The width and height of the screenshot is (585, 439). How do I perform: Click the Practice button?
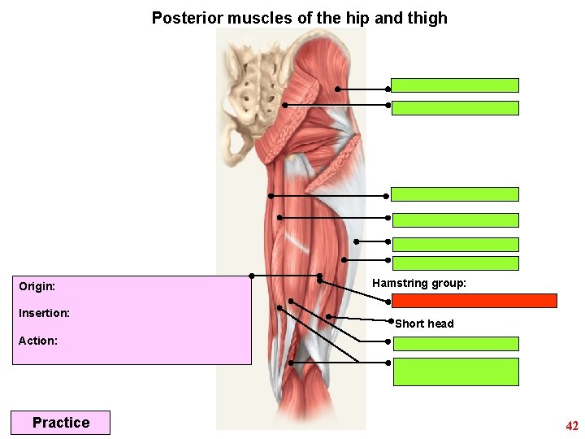pos(60,423)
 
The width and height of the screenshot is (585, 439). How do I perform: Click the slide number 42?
pos(572,426)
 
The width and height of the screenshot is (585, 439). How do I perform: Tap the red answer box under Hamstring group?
pos(475,301)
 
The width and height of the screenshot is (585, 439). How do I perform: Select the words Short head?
pos(424,324)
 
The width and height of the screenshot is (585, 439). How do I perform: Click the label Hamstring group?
pos(419,283)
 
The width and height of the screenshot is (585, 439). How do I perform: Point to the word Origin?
pos(37,287)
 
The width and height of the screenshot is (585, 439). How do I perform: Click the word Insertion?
pos(44,313)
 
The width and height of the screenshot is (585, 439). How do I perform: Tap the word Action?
pos(38,341)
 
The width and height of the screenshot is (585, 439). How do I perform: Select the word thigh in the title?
pos(427,18)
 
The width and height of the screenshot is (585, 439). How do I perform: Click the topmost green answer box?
pos(455,85)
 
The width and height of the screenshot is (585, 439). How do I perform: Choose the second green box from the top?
pos(455,108)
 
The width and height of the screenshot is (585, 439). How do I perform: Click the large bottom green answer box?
pos(456,372)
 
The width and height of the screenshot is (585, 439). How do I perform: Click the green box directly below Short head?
pos(456,344)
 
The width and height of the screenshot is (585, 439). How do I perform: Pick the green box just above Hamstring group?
pos(456,263)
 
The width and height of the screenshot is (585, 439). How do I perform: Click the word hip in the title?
pos(360,18)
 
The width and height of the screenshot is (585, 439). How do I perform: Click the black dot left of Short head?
pos(390,323)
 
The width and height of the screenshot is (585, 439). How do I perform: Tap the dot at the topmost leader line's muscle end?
pos(338,89)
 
